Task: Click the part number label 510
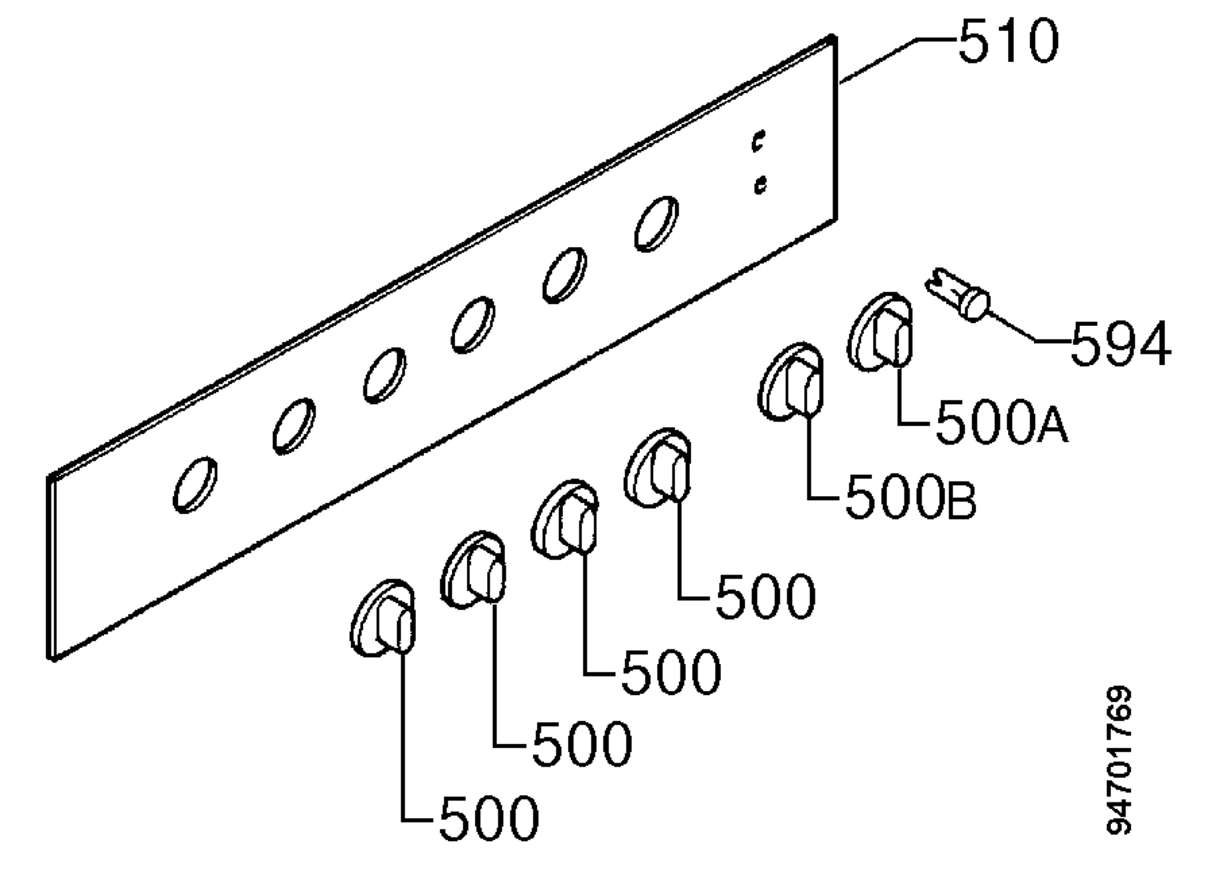pos(1009,41)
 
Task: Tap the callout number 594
pos(1120,344)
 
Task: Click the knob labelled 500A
pos(880,332)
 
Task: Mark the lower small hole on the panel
pos(760,184)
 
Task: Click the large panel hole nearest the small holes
pos(656,224)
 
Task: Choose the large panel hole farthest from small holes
pos(195,485)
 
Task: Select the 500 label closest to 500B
pos(766,596)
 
